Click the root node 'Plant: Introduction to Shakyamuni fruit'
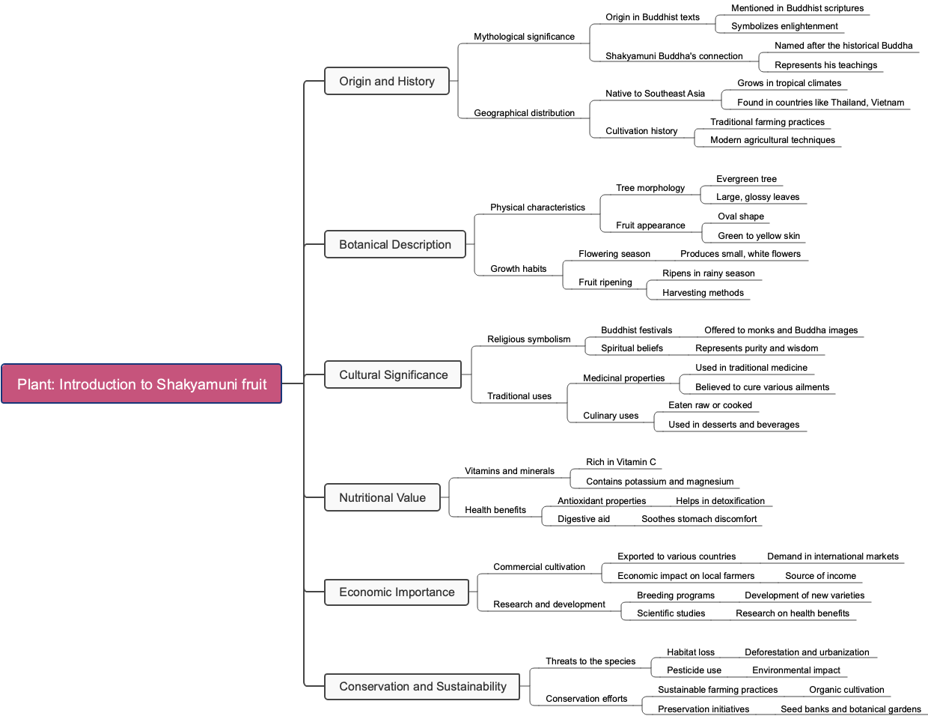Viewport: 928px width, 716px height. pos(141,384)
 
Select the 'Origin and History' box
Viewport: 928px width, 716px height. pos(386,81)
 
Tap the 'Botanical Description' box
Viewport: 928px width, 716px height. pos(394,244)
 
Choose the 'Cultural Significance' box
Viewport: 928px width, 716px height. pos(393,374)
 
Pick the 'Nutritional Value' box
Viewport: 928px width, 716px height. pos(382,497)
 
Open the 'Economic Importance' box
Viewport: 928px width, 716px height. pos(396,592)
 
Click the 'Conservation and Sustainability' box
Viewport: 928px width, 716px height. pos(422,686)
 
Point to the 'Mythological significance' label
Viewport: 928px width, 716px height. pos(524,37)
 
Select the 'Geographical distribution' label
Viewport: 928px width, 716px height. pos(524,113)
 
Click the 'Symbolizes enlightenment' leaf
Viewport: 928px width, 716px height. pos(784,26)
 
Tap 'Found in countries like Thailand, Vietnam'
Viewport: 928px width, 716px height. pos(820,103)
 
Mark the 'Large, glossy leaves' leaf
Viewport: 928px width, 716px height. pos(757,197)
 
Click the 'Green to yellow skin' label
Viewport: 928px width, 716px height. pos(758,236)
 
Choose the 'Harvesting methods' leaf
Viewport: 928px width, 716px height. pos(703,293)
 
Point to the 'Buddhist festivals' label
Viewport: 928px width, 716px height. pos(636,330)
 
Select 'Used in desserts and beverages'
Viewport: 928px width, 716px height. pos(733,425)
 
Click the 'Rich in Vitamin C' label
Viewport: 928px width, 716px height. pos(620,462)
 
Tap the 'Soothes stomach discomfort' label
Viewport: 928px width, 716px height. pos(698,519)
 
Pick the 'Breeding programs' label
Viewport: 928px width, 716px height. pos(675,595)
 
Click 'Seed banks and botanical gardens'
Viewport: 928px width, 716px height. pos(850,709)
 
